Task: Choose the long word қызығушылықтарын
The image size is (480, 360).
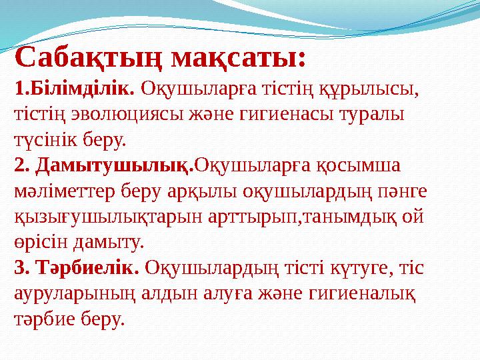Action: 98,217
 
